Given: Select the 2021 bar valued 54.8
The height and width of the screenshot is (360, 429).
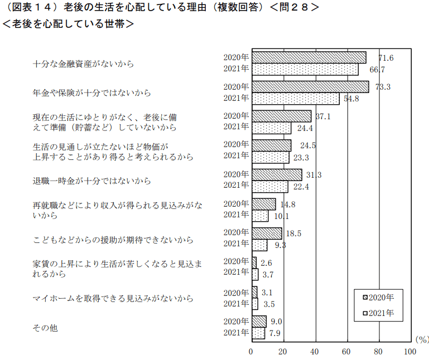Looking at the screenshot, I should [296, 99].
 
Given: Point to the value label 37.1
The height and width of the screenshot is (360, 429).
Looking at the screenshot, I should [323, 116].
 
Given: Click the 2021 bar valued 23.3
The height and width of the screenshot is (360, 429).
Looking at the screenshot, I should [271, 157].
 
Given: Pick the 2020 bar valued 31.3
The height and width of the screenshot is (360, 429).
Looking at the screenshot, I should [277, 174].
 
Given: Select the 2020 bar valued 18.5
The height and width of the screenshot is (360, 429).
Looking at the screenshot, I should [267, 233].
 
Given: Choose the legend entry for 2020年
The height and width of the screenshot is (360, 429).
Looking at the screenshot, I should [378, 297].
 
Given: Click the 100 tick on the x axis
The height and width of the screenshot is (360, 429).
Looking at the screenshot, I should [410, 352].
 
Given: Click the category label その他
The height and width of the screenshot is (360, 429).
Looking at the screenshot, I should [45, 328].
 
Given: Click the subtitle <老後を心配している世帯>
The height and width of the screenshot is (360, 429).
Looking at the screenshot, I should [68, 24].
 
